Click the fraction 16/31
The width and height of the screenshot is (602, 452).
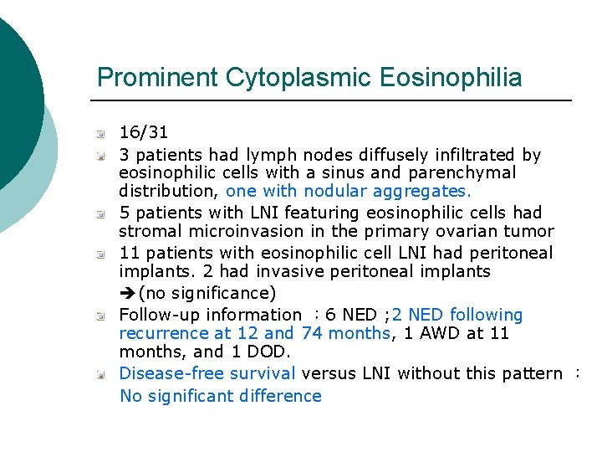(144, 132)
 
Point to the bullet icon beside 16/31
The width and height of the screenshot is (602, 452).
(100, 133)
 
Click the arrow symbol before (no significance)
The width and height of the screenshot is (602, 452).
(127, 294)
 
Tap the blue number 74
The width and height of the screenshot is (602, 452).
(312, 333)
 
